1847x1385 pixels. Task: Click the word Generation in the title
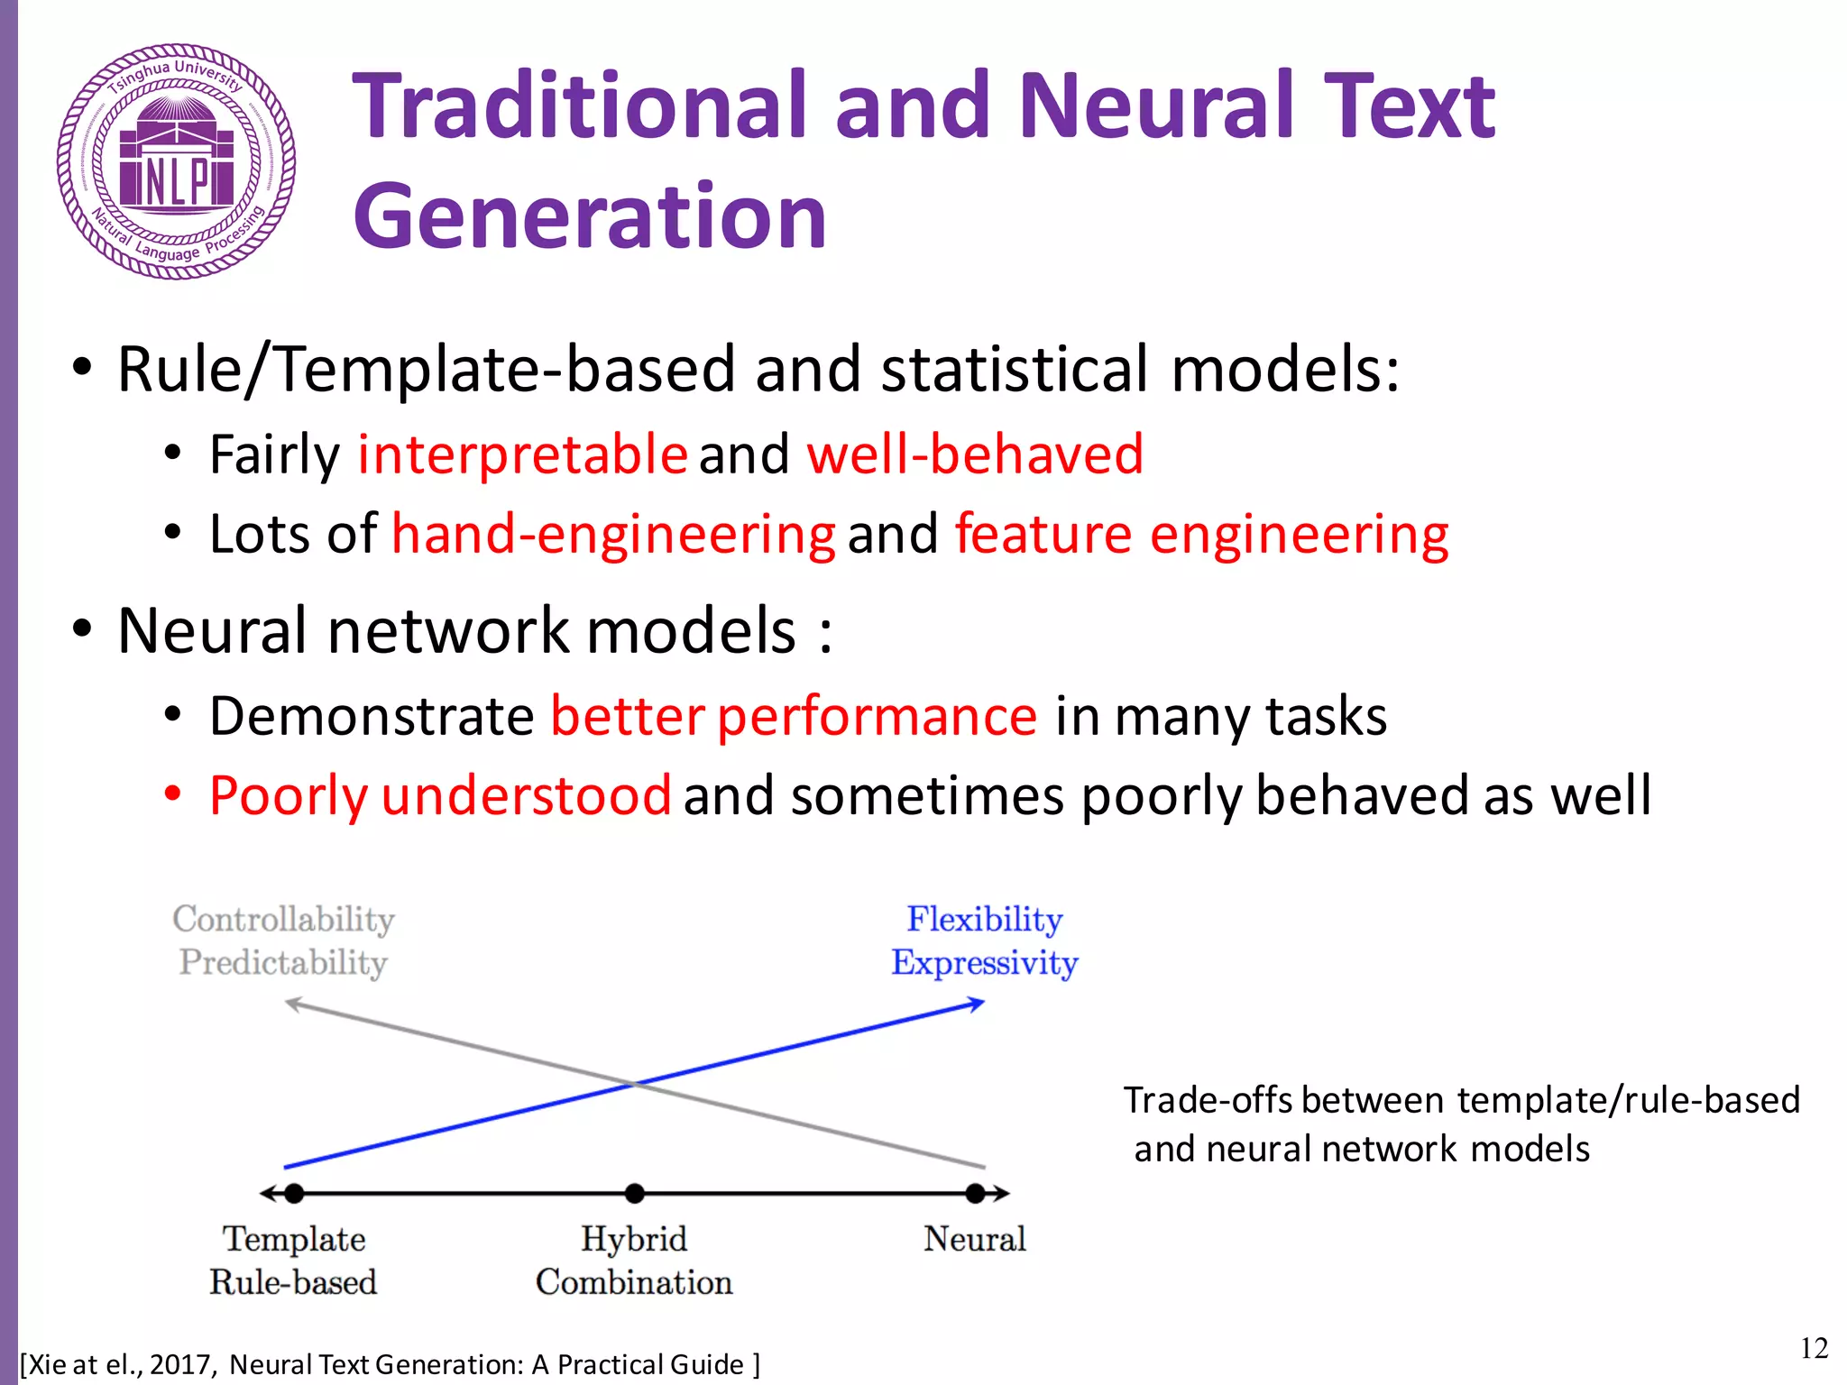[590, 216]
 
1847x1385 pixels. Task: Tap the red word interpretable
[523, 454]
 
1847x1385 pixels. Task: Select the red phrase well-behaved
[974, 454]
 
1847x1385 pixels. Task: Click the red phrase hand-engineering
[613, 534]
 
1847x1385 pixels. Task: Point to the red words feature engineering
[1201, 534]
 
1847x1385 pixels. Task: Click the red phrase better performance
[794, 717]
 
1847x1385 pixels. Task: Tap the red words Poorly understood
[440, 796]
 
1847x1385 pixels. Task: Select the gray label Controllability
[283, 919]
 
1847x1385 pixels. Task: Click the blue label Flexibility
[984, 919]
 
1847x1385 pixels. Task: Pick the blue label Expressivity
[984, 963]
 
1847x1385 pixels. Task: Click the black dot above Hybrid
[635, 1194]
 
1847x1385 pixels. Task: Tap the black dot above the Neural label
[975, 1194]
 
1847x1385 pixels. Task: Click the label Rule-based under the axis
[293, 1282]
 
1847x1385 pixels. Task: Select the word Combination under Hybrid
[634, 1282]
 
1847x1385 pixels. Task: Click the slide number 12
[1814, 1349]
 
